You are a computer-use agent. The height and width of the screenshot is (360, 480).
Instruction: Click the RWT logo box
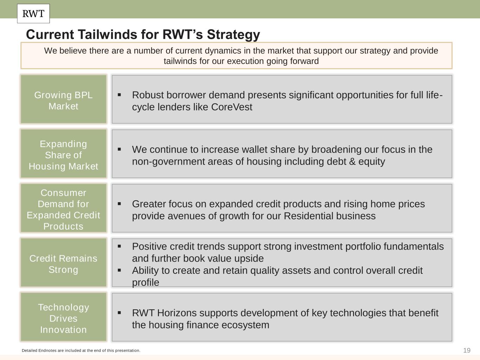(33, 14)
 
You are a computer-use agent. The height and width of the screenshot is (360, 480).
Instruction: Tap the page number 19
(467, 351)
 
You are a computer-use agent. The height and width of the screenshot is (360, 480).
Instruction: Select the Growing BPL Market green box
(63, 99)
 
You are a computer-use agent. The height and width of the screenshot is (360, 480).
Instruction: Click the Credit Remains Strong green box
(63, 263)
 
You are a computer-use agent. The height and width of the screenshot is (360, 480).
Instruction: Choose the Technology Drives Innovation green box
(63, 317)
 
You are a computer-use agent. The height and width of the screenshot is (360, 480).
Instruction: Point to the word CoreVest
(232, 107)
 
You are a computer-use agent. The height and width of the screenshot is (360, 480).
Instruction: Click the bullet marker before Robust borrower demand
(119, 95)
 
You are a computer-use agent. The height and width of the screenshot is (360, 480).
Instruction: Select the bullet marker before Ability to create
(119, 270)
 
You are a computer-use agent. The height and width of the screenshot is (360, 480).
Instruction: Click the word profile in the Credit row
(146, 283)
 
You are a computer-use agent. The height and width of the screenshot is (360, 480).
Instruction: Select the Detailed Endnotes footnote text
(81, 351)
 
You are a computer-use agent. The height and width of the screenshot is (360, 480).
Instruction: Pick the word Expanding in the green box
(63, 144)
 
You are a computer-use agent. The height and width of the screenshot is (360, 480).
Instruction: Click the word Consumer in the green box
(63, 193)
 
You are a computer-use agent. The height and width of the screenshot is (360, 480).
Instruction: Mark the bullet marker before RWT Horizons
(119, 313)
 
